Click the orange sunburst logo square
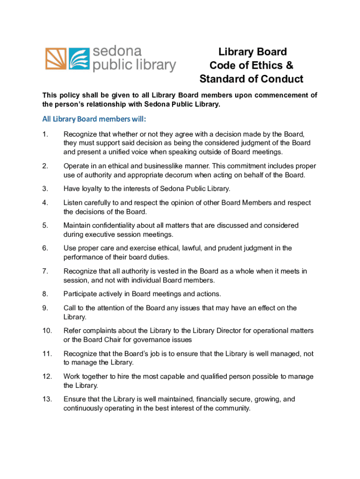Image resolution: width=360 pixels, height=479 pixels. [56, 59]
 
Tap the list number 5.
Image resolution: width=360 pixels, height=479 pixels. [44, 225]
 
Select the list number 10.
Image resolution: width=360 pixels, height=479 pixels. [47, 331]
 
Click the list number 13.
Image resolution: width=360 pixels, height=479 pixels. [47, 399]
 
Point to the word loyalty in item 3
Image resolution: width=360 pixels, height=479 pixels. [93, 189]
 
